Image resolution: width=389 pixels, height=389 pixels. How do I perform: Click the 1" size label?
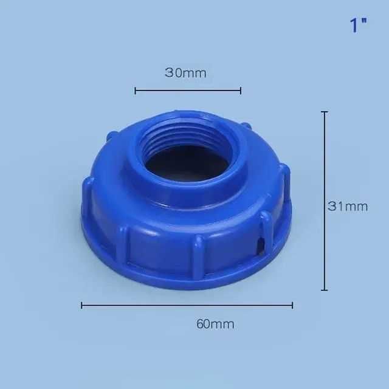coord(358,26)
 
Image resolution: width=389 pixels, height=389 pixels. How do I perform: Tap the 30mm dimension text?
coord(185,74)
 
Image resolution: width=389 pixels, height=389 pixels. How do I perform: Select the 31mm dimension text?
coord(348,206)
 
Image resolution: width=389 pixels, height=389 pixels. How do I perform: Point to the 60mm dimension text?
coord(215,324)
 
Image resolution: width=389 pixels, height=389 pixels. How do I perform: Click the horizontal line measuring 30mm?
coord(188,91)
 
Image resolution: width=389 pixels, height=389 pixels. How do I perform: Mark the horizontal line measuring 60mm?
coord(187,305)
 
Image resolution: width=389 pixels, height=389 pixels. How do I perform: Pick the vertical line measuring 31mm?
coord(325,201)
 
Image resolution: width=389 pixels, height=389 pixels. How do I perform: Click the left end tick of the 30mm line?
coord(136,91)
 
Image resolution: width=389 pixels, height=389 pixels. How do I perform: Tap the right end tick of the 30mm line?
coord(241,91)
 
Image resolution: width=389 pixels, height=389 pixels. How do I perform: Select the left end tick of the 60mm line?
coord(81,305)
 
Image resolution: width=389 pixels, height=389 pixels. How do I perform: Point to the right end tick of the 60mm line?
coord(292,305)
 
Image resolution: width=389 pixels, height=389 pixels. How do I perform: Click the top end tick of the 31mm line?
coord(325,112)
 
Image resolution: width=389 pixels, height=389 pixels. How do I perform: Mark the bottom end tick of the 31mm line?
coord(325,290)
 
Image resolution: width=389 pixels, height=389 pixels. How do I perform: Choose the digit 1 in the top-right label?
coord(353,27)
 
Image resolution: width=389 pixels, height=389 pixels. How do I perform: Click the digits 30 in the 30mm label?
coord(173,74)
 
